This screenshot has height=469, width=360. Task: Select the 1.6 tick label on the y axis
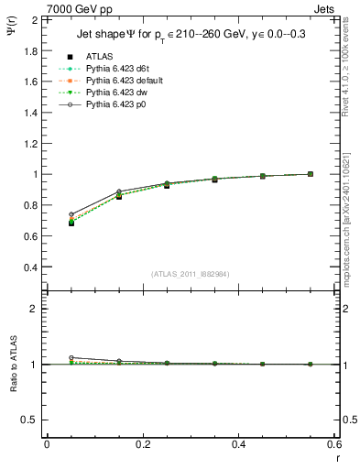tap(31, 81)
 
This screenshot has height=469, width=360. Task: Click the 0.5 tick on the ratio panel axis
tap(31, 419)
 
